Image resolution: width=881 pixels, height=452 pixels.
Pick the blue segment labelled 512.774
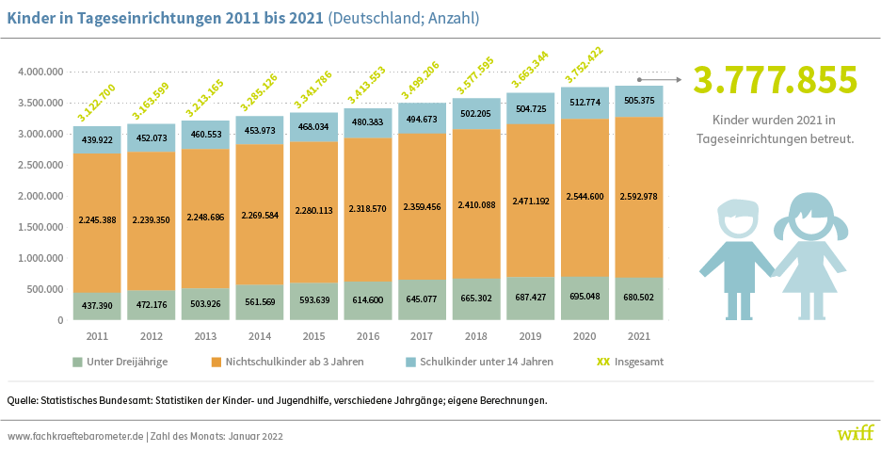pos(585,103)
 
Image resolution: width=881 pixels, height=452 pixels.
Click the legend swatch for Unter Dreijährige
pos(77,362)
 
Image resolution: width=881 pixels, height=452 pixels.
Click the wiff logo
pos(855,434)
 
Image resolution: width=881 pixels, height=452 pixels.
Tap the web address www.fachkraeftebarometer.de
pos(75,436)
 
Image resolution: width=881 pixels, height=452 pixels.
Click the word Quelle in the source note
pos(23,400)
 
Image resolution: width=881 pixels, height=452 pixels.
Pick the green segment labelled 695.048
pos(585,298)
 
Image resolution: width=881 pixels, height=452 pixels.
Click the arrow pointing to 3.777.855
pos(659,79)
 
